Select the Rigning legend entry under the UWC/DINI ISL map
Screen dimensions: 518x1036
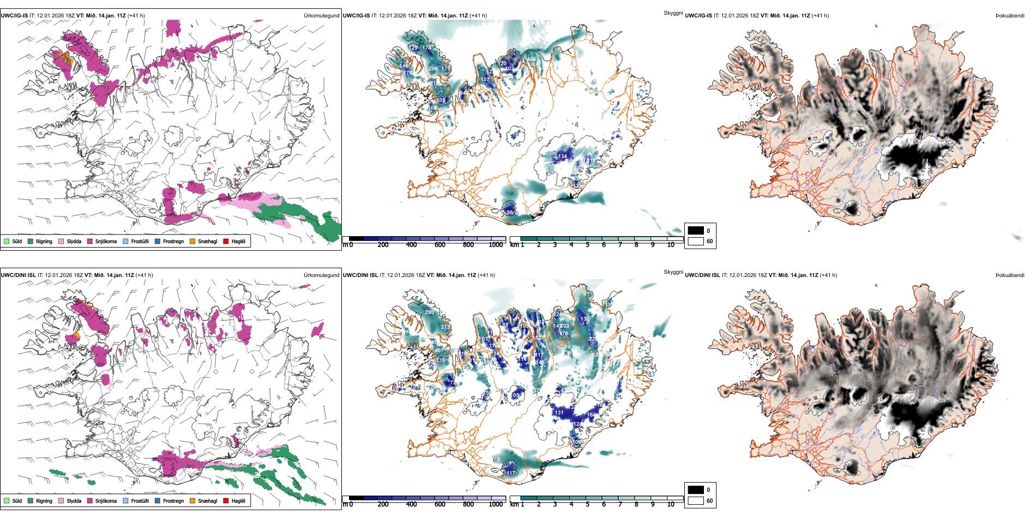click(44, 501)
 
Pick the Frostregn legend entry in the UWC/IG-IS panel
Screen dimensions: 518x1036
click(173, 241)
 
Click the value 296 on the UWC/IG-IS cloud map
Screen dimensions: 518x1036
click(433, 69)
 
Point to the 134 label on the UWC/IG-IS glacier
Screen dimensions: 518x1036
click(562, 156)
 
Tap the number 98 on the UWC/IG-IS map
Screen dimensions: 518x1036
click(510, 213)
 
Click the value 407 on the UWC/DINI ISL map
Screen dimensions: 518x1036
click(439, 351)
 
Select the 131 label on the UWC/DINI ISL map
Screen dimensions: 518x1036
click(559, 413)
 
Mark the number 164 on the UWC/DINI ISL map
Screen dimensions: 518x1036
click(591, 415)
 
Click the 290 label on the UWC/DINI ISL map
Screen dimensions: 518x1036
click(429, 312)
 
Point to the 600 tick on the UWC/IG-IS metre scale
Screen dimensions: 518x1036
click(440, 245)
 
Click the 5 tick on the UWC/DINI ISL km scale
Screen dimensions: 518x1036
click(588, 504)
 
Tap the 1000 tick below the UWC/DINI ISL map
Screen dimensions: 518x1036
click(496, 504)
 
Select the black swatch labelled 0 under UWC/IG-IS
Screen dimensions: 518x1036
click(696, 231)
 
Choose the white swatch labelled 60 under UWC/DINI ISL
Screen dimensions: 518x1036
click(696, 501)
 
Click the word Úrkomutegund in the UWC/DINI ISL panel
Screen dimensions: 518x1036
click(321, 275)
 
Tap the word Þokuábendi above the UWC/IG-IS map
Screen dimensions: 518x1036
click(1010, 15)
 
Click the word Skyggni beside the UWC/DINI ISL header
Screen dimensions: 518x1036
click(673, 272)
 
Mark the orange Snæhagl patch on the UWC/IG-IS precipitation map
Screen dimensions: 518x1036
click(65, 58)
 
